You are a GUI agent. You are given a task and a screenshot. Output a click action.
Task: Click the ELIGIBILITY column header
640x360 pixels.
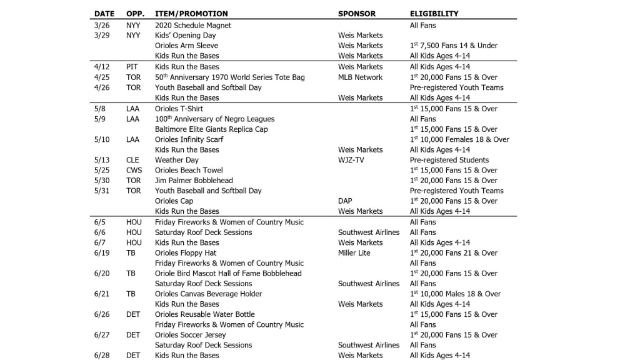coord(434,14)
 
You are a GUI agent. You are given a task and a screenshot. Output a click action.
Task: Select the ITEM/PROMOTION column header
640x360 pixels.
coord(191,14)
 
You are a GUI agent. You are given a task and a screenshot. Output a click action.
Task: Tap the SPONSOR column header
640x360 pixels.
coord(357,14)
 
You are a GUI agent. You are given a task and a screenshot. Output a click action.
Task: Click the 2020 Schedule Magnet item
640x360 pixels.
coord(193,26)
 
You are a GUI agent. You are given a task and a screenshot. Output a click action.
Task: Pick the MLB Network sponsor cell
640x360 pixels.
coord(360,77)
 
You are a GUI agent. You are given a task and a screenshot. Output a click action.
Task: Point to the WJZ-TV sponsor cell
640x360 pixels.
coord(351,160)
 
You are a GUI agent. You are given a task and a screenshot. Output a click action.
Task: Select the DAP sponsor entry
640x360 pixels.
coord(345,201)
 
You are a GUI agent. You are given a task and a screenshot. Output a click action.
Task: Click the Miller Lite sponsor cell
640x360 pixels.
coord(354,253)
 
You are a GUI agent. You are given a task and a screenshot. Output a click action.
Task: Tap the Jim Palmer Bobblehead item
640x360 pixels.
coord(194,181)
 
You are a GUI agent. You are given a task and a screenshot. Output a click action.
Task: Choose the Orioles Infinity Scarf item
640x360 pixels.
coord(189,139)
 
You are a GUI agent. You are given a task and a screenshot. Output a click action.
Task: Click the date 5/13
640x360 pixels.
coord(102,160)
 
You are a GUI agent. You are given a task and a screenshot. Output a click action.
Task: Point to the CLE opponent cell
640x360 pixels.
coord(132,160)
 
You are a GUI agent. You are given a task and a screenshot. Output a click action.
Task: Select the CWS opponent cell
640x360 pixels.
coord(134,170)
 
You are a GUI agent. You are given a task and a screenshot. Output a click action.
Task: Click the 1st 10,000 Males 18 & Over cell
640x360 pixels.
coord(455,294)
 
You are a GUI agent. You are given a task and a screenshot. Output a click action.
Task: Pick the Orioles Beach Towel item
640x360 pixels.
coord(189,170)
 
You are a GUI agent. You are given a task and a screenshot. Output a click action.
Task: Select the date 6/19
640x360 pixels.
coord(102,253)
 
